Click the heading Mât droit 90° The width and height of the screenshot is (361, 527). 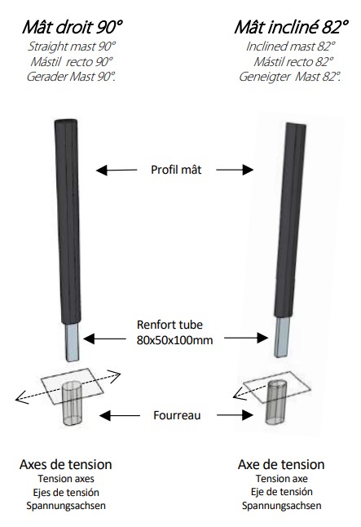point(73,27)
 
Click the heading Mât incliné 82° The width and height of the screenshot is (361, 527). point(291,27)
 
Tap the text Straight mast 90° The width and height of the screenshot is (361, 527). point(72,46)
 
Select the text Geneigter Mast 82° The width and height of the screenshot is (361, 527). point(290,77)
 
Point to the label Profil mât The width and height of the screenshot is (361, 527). point(176,170)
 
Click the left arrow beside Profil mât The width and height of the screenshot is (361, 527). point(117,170)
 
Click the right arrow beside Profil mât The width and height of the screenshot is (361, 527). point(235,170)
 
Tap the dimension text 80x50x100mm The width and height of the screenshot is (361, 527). point(174,340)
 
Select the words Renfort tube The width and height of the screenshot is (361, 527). point(169,325)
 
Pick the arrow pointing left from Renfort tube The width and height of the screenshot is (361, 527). point(104,339)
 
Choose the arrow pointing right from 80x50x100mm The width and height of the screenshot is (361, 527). point(246,338)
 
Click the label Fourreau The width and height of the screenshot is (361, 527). point(177,415)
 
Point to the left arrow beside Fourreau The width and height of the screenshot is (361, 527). point(120,415)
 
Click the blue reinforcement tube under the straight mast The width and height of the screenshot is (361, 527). point(72,342)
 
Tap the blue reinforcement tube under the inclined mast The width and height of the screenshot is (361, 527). point(281,337)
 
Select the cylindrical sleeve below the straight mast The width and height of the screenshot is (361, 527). point(72,403)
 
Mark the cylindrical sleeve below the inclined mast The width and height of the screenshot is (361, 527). point(276,401)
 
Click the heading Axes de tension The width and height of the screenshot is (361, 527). point(66,464)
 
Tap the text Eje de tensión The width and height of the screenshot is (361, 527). point(282,492)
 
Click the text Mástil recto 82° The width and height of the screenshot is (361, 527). point(293,62)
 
